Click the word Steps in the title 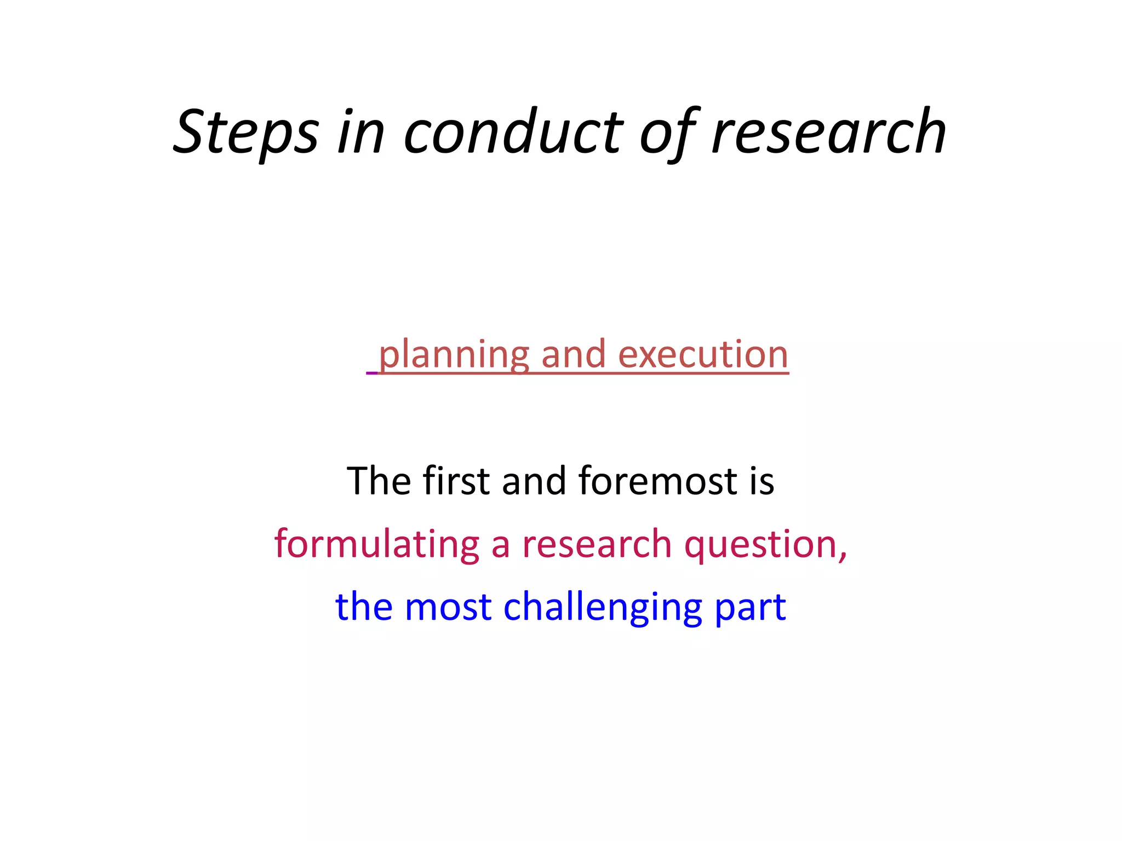(246, 133)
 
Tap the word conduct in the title (513, 133)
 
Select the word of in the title (668, 133)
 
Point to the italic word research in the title (829, 133)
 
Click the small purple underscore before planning (372, 373)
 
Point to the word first (456, 481)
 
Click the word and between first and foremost (534, 481)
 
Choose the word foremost (657, 481)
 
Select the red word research (597, 544)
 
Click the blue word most (448, 607)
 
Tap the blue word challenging (603, 607)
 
